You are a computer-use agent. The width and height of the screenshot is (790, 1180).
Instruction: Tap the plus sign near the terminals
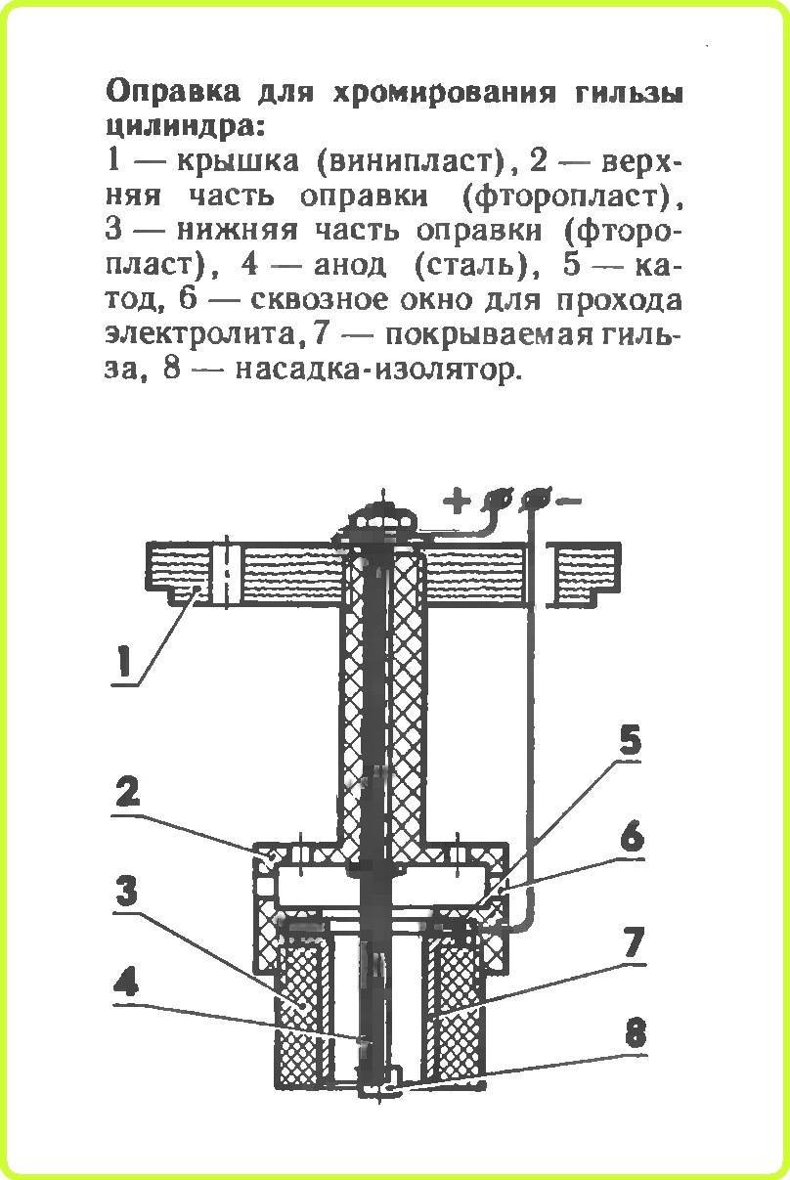[x=457, y=501]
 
